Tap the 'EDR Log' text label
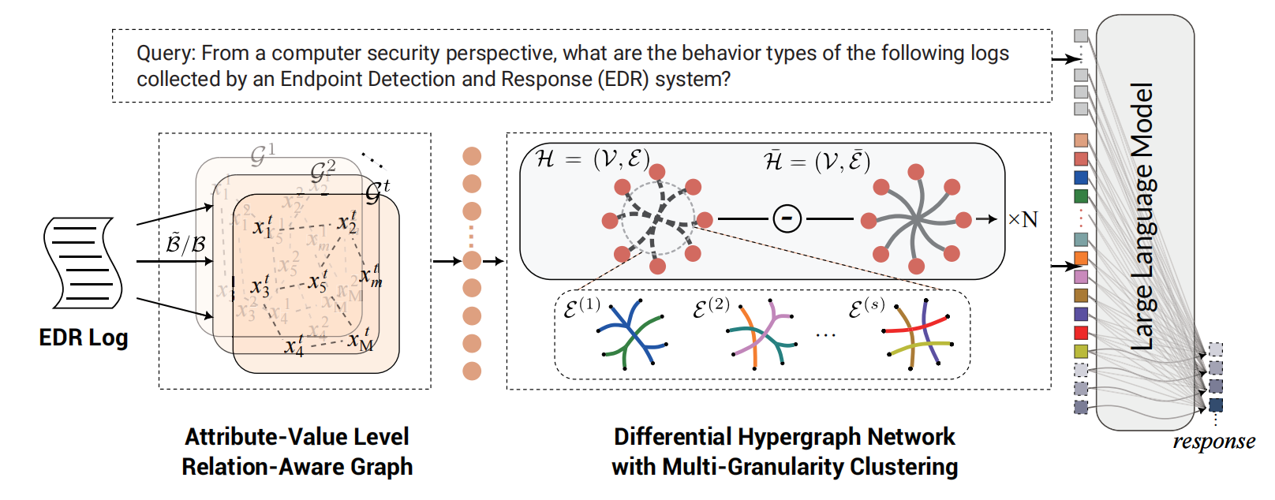tap(83, 338)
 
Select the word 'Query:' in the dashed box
tap(165, 53)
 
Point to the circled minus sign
tap(787, 218)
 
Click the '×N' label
tap(1023, 219)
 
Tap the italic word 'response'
tap(1213, 441)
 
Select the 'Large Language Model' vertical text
tap(1142, 217)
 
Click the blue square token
tap(1081, 177)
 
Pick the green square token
tap(1081, 196)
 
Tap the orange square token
tap(1081, 258)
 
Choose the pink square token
tap(1081, 277)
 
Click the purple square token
tap(1081, 314)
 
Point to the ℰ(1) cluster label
tap(581, 308)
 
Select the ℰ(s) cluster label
tap(866, 308)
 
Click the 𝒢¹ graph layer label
tap(262, 155)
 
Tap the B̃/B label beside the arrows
tap(186, 244)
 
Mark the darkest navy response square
tap(1216, 405)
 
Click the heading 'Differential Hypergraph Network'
tap(784, 437)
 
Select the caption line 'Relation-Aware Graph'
tap(297, 467)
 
